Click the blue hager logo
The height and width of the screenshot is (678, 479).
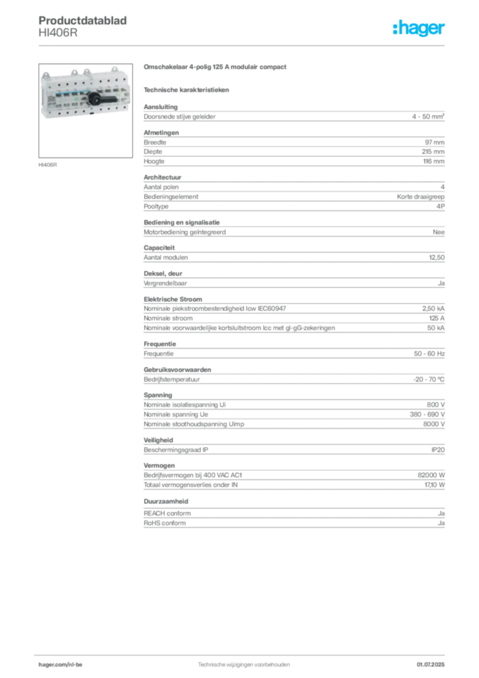click(419, 28)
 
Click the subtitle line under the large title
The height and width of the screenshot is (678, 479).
click(187, 89)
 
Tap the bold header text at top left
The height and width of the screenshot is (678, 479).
click(85, 20)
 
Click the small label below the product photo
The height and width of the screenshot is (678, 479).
click(48, 164)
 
